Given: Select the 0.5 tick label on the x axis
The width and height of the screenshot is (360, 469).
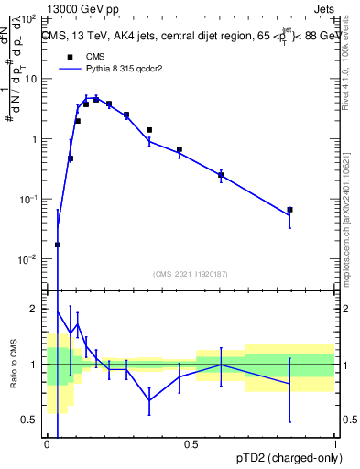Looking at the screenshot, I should pos(191,444).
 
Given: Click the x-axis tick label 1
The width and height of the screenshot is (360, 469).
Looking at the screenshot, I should pos(336,444).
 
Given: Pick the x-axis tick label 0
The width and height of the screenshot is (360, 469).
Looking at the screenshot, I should pos(47,444).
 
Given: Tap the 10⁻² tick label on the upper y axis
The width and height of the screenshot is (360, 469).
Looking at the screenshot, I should pos(27,259).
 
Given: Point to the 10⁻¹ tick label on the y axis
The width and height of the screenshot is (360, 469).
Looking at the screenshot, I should pos(27,200).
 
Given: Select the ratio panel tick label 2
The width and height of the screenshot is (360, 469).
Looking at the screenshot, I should pos(36,309).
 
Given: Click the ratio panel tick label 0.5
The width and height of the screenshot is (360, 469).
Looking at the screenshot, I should pos(31,420).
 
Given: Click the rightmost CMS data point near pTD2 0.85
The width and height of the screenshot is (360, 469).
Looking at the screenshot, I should pos(289,210).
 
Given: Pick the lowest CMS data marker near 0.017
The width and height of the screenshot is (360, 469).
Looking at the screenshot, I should pos(58,245).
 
